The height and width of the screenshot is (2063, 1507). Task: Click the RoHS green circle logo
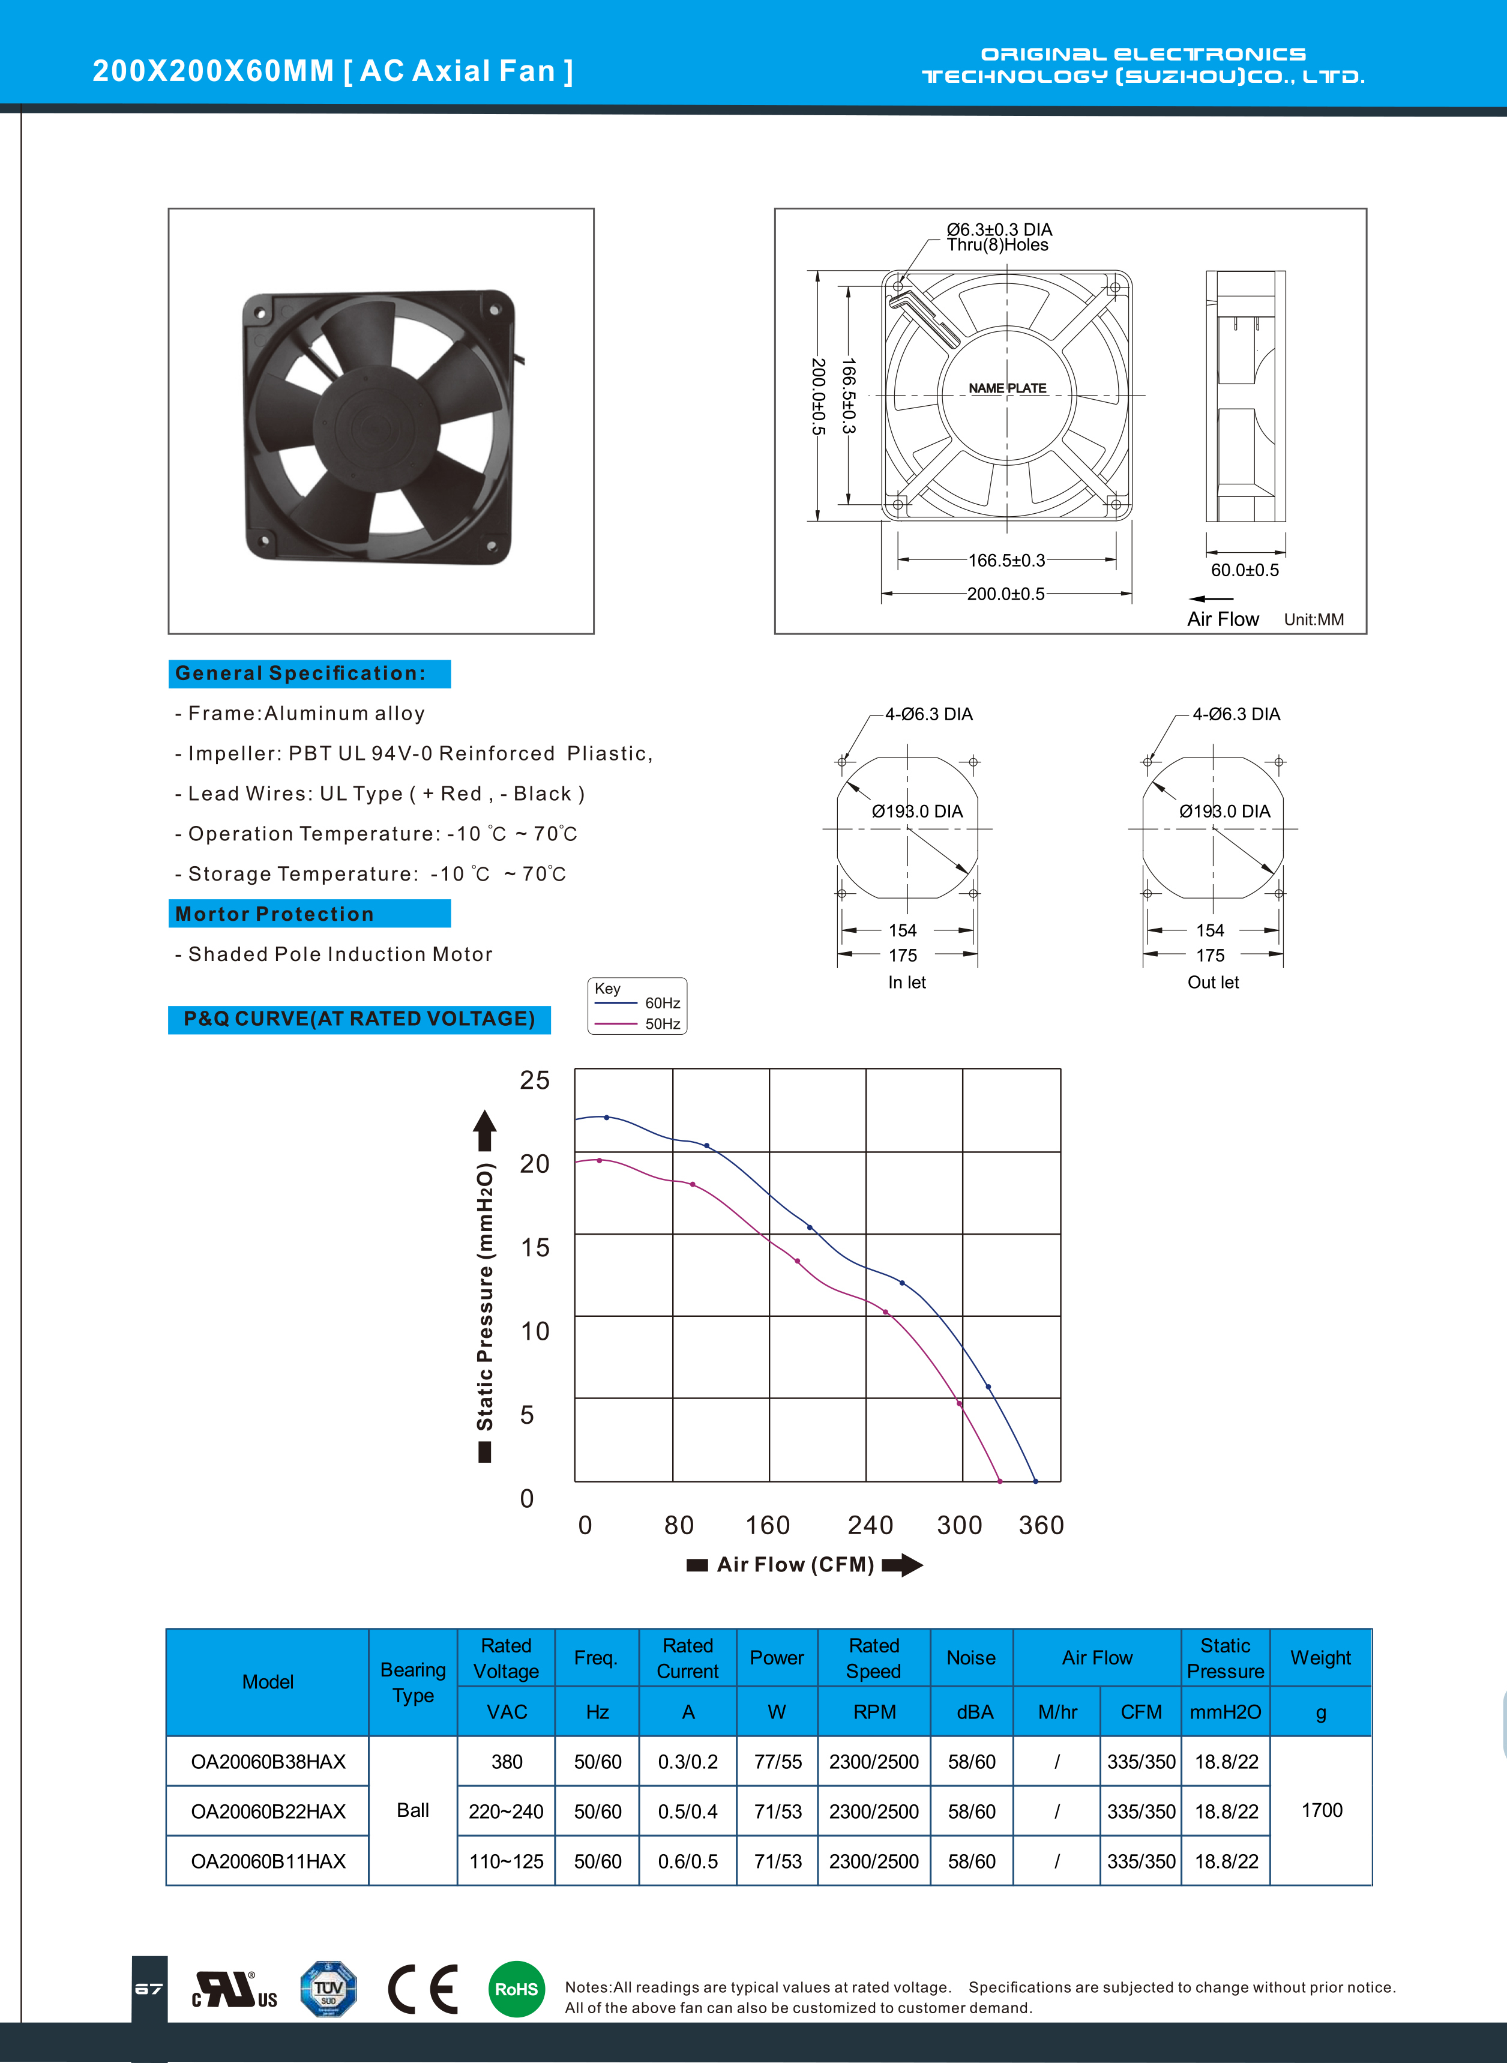(x=516, y=1989)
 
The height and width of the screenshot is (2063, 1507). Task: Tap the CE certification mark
(x=423, y=1989)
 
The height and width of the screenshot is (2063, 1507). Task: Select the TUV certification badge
(x=328, y=1989)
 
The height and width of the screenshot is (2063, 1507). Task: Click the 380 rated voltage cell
(x=507, y=1762)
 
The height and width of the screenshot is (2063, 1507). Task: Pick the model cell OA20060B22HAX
(x=268, y=1811)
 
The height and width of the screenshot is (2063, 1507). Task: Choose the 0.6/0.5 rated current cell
(x=688, y=1861)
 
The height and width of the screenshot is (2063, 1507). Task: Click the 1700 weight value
(x=1322, y=1810)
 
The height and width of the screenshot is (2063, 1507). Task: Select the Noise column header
(x=970, y=1658)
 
